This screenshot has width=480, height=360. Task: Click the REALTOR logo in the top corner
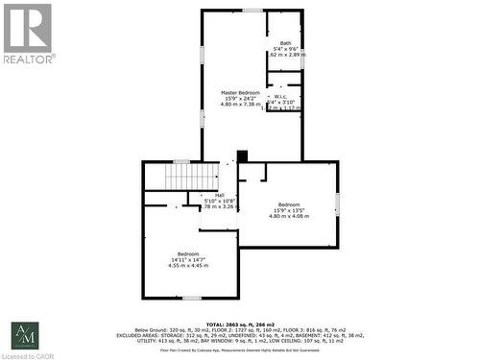(28, 33)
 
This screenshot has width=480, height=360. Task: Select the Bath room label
(285, 43)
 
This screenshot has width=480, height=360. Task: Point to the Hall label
(220, 195)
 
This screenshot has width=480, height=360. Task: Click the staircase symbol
(180, 176)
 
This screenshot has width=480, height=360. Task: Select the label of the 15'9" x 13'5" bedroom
(289, 204)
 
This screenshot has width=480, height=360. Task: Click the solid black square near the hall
(242, 156)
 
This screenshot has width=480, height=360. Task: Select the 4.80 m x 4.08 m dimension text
(289, 216)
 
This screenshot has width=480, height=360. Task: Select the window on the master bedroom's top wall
(252, 11)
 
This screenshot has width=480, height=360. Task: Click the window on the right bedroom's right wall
(337, 204)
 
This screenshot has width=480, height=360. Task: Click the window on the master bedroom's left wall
(202, 117)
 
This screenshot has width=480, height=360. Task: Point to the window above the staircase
(180, 161)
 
